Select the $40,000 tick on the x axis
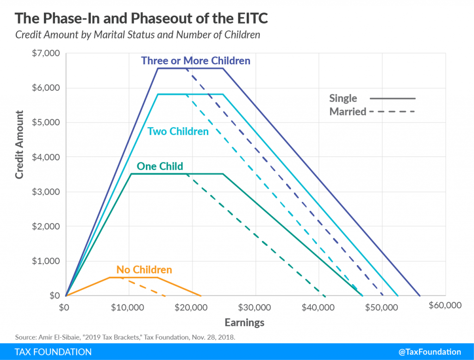click(x=319, y=307)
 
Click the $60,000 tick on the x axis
click(x=445, y=305)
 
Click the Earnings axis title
click(x=244, y=323)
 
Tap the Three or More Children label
click(x=195, y=61)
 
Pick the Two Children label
click(x=178, y=131)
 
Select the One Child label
click(x=160, y=166)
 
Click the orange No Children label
click(x=144, y=270)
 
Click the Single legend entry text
click(x=343, y=98)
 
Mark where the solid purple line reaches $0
click(x=420, y=295)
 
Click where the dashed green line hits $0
click(x=325, y=295)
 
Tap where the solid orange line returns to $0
click(x=201, y=295)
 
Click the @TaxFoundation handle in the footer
click(x=428, y=352)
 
